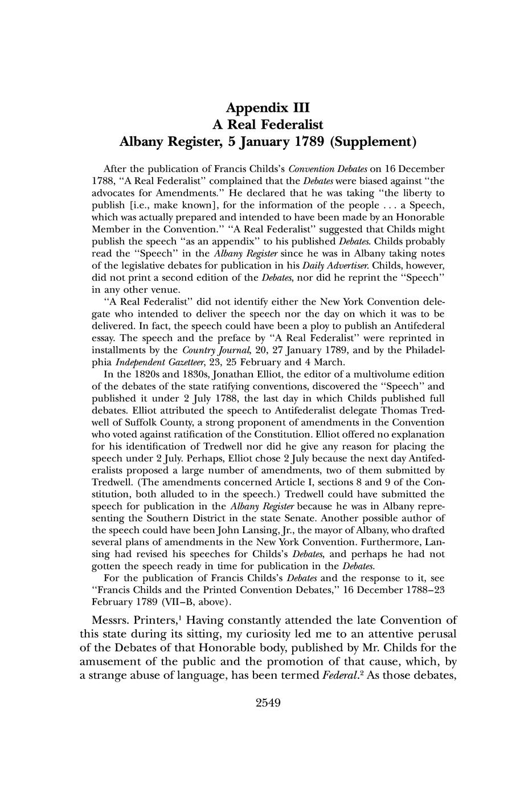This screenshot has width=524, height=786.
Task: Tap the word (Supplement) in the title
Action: (x=374, y=142)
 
